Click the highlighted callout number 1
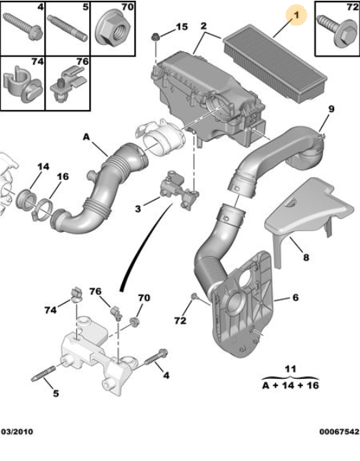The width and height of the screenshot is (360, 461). pyautogui.click(x=296, y=15)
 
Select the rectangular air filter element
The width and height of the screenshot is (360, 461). pyautogui.click(x=275, y=64)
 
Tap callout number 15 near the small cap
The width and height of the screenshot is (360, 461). pyautogui.click(x=181, y=26)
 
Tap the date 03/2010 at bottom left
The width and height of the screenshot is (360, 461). pyautogui.click(x=16, y=432)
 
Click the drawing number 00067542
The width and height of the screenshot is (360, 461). pyautogui.click(x=339, y=432)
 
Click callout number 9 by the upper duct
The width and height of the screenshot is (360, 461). pyautogui.click(x=331, y=109)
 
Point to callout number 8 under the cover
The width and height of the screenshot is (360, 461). pyautogui.click(x=306, y=258)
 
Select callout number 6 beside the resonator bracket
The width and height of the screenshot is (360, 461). pyautogui.click(x=296, y=298)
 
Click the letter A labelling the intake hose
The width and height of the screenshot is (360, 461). pyautogui.click(x=86, y=137)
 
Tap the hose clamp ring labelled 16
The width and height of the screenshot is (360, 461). pyautogui.click(x=44, y=209)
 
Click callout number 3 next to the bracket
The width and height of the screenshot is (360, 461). pyautogui.click(x=138, y=209)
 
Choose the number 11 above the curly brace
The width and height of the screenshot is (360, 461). pyautogui.click(x=291, y=369)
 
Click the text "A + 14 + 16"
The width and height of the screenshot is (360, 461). pyautogui.click(x=291, y=385)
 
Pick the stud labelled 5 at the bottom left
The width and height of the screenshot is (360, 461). pyautogui.click(x=44, y=374)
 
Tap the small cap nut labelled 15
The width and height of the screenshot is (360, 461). pyautogui.click(x=155, y=38)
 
